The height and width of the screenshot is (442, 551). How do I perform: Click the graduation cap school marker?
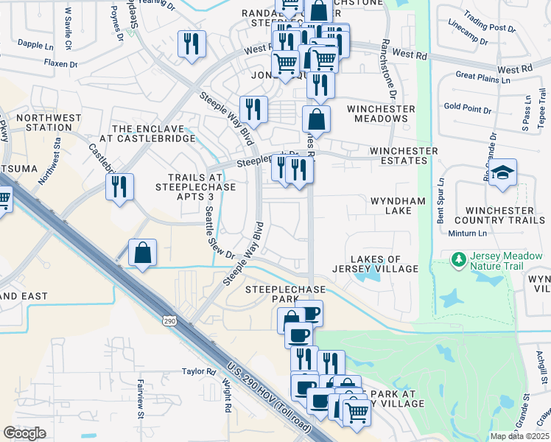[503, 173]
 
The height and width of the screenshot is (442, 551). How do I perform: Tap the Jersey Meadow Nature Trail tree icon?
[458, 259]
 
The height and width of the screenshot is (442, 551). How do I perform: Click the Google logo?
[24, 433]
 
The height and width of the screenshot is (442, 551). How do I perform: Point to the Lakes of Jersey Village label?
[375, 264]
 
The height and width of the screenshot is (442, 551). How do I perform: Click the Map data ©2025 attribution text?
[520, 436]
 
